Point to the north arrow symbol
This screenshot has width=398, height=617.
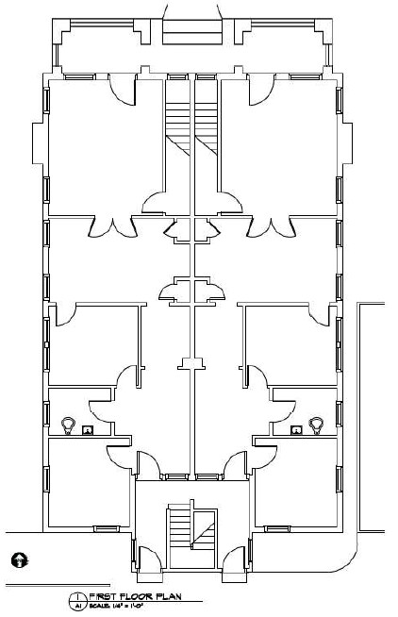18,560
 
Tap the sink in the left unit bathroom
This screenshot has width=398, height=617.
88,430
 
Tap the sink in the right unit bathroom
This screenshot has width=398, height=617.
296,430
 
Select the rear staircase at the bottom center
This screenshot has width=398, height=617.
191,529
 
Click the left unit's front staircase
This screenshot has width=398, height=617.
178,122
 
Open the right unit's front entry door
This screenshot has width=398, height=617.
261,90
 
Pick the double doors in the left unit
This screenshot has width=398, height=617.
110,226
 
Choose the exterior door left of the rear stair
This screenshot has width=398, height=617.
149,556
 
